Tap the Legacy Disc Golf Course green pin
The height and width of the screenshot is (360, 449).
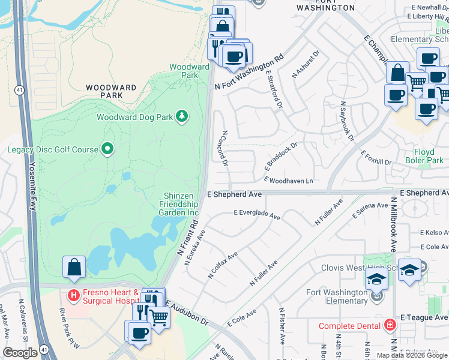coord(107,148)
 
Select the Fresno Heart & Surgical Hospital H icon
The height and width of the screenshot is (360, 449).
coord(73,295)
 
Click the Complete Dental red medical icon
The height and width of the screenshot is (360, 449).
coord(390,325)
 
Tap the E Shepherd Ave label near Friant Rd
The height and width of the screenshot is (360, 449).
coord(234,194)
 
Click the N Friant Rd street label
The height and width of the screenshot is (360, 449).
coord(187,238)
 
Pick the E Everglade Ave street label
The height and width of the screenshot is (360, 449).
coord(257,214)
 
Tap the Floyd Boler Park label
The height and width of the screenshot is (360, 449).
coord(424,156)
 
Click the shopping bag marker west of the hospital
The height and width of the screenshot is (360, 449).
coord(74,267)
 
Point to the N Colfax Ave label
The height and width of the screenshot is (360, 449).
coord(223,265)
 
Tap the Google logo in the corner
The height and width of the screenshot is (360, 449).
coord(20,353)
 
